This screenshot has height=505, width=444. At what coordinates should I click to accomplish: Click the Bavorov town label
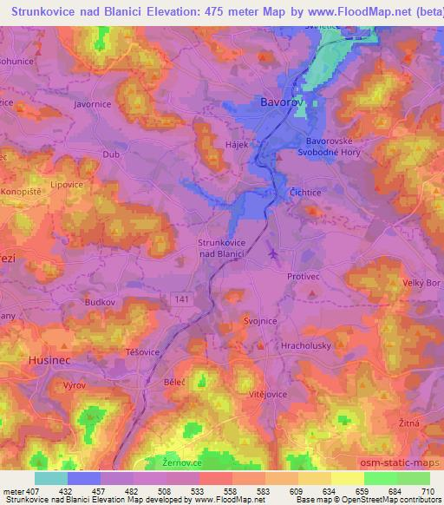coord(282,103)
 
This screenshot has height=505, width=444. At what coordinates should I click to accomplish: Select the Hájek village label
coord(261,145)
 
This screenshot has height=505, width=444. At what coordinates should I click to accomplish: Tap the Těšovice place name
coord(143,353)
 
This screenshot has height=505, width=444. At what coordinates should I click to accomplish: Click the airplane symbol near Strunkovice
coord(274,253)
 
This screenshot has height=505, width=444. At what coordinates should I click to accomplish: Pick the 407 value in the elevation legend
coord(33,491)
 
